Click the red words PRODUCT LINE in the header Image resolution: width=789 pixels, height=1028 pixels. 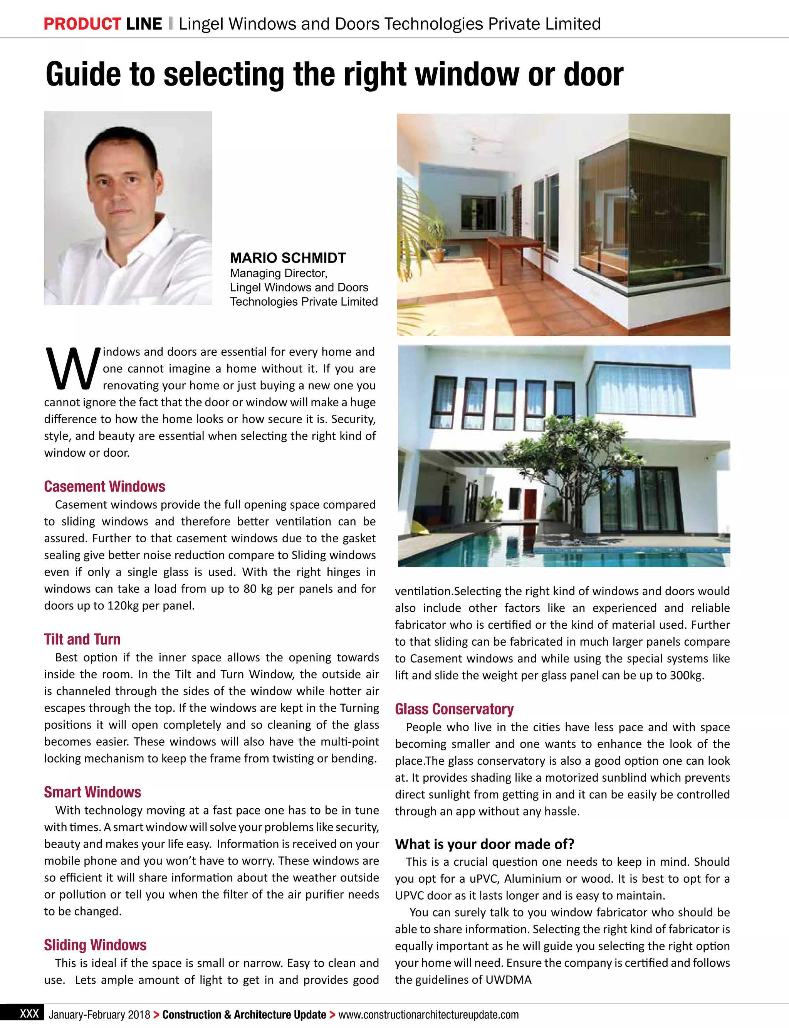coord(102,24)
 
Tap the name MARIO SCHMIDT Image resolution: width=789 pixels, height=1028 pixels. coord(287,258)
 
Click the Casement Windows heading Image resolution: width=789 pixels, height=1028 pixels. coord(104,486)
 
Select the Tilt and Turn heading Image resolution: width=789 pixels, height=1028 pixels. coord(82,639)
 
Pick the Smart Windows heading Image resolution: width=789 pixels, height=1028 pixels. coord(92,792)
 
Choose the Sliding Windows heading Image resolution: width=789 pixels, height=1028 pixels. coord(95,944)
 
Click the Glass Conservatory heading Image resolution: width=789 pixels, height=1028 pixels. coord(454,708)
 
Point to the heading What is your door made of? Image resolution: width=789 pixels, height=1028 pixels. coord(484,844)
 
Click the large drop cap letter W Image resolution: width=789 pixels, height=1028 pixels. coord(72,369)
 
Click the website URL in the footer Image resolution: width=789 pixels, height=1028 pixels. coord(428,1015)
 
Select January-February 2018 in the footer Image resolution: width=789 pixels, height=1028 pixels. coord(99,1015)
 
